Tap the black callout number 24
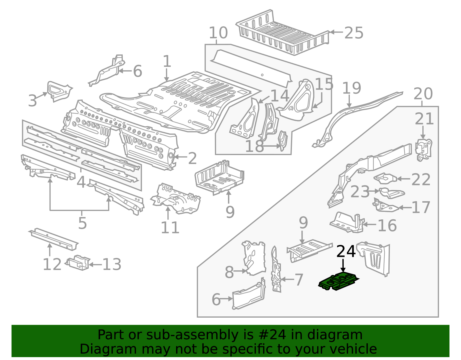click(x=346, y=252)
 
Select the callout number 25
click(x=354, y=33)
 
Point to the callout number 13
click(x=112, y=264)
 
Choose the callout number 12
click(x=52, y=264)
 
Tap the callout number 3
click(x=33, y=101)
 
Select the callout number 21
click(x=424, y=119)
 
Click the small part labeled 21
click(x=423, y=149)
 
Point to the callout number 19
click(x=351, y=88)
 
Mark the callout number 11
click(x=170, y=228)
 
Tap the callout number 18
click(x=254, y=146)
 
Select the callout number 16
click(x=387, y=225)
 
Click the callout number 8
click(x=229, y=272)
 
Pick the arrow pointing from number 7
click(x=287, y=279)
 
